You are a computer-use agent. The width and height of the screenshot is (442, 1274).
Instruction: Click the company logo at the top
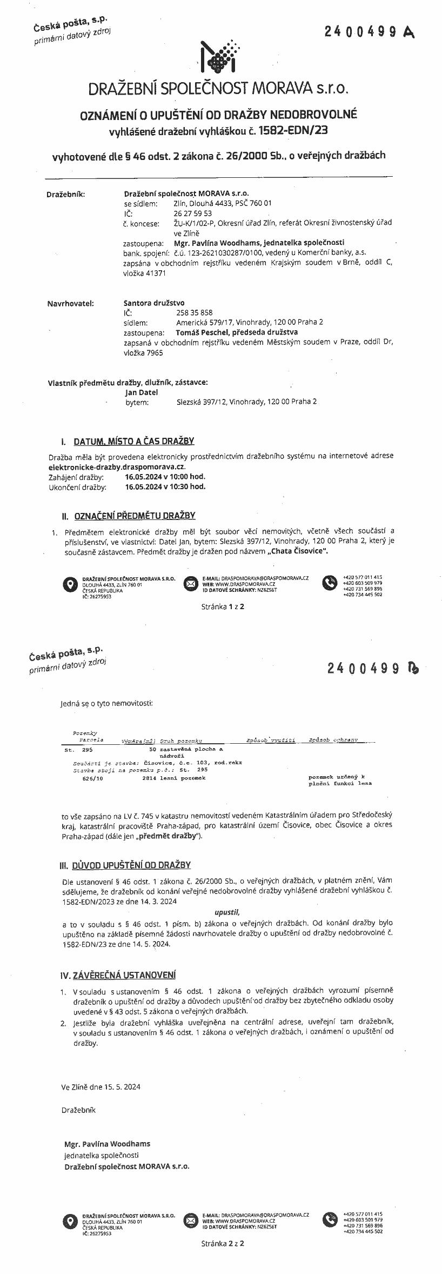tap(219, 57)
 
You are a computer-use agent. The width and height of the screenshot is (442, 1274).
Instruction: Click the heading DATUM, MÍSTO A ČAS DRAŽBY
tap(134, 441)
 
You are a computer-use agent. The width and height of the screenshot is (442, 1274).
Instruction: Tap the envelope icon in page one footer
tap(190, 583)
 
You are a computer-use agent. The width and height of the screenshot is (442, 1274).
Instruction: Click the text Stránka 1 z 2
tap(223, 606)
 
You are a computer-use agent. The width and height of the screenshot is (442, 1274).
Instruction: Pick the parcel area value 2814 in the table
tap(149, 778)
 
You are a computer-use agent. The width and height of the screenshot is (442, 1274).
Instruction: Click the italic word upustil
tap(226, 911)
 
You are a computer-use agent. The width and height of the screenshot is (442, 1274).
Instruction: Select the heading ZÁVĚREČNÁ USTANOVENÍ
tap(124, 975)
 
